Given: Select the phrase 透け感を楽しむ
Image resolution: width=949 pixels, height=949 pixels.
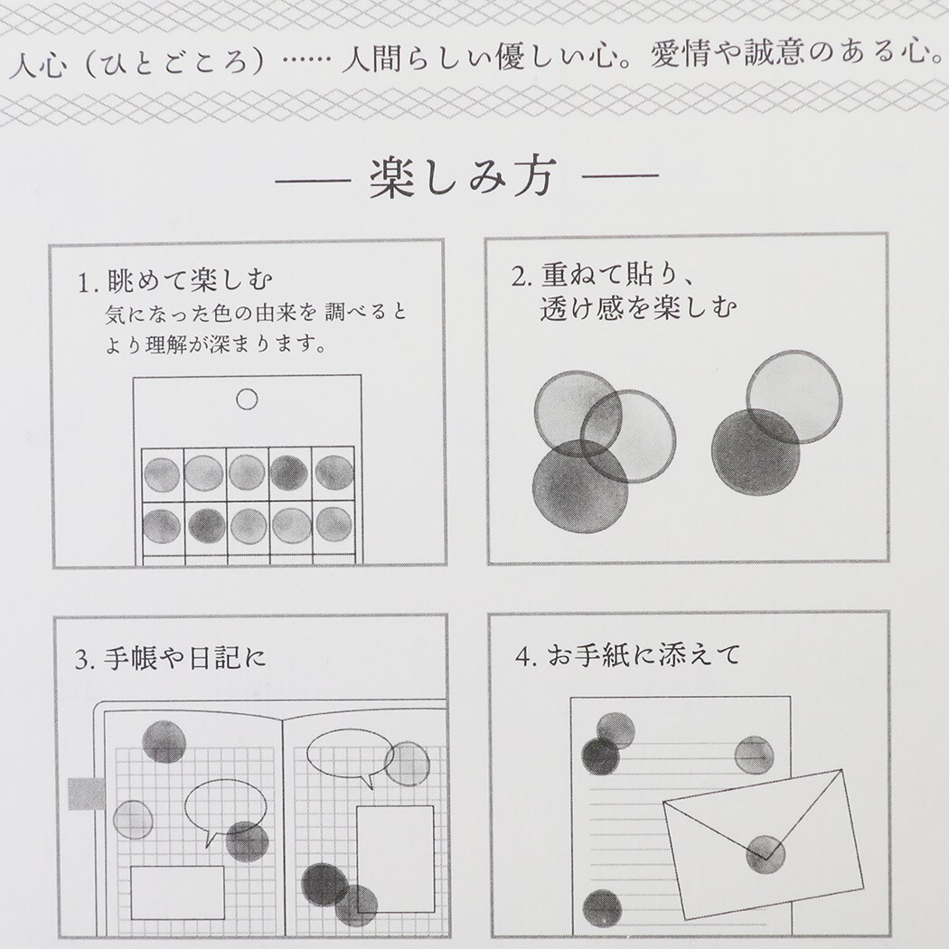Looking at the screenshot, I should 637,309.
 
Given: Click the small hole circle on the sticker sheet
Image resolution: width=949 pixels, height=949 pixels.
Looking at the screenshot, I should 246,399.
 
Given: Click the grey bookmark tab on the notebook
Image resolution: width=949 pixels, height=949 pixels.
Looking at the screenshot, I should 87,793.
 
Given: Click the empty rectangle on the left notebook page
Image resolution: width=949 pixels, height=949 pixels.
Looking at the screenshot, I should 177,892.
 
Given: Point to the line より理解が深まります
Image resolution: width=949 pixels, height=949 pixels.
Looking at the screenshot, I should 215,344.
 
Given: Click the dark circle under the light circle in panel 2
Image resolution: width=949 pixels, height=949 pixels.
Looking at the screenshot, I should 756,451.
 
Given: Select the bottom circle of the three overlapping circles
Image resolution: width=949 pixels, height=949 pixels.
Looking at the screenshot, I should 579,486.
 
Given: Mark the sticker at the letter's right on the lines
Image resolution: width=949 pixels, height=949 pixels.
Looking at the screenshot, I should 754,754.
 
